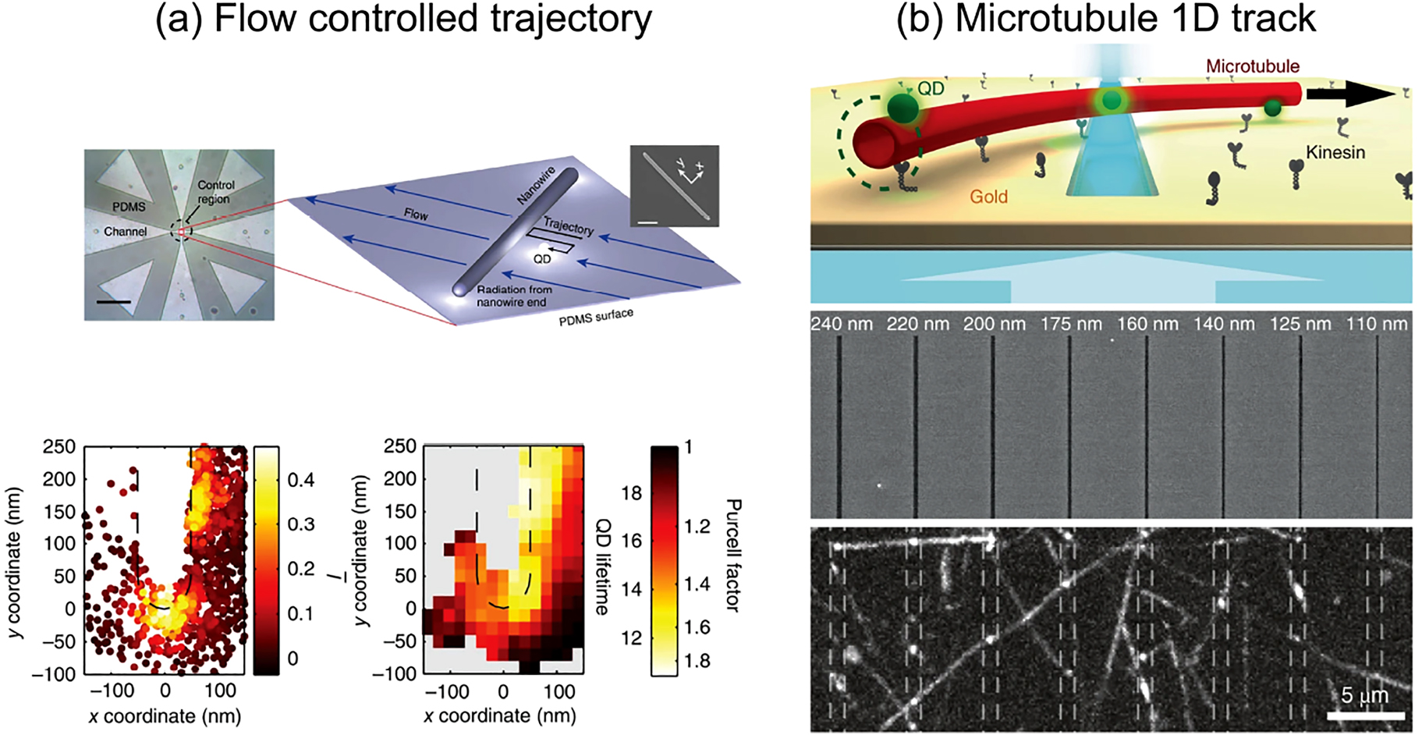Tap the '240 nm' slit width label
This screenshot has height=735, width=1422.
pyautogui.click(x=842, y=324)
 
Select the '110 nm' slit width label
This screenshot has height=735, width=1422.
pyautogui.click(x=1377, y=324)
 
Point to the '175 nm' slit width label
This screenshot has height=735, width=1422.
pyautogui.click(x=1071, y=324)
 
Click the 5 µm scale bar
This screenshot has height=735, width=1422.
pyautogui.click(x=1365, y=714)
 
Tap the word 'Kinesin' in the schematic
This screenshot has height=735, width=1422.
pyautogui.click(x=1335, y=152)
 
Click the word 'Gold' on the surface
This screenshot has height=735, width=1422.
pyautogui.click(x=988, y=197)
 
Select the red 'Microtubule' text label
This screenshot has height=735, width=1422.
pyautogui.click(x=1253, y=66)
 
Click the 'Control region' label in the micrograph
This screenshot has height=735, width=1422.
pyautogui.click(x=215, y=192)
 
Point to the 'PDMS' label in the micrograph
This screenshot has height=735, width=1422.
pyautogui.click(x=129, y=207)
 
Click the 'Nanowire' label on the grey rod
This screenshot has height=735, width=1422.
pyautogui.click(x=536, y=186)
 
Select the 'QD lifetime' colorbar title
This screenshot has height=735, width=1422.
pyautogui.click(x=602, y=566)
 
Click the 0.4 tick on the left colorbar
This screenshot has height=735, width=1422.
pyautogui.click(x=300, y=480)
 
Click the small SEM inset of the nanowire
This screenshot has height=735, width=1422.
pyautogui.click(x=674, y=186)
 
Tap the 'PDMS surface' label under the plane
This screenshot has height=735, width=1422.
pyautogui.click(x=595, y=317)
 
